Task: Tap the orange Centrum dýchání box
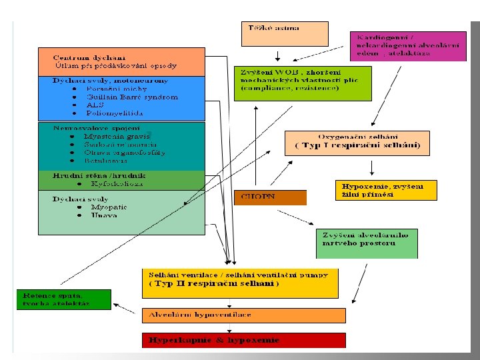coord(121,61)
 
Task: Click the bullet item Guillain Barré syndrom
coord(132,97)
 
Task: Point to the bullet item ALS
coord(95,105)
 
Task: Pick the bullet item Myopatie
coord(108,207)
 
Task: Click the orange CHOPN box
coord(270,197)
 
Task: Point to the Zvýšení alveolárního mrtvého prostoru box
coord(366,243)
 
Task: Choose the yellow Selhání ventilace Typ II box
coord(241,283)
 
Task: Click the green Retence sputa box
coord(63,299)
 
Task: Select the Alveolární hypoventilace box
coord(244,315)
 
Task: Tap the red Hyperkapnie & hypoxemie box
coord(244,340)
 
